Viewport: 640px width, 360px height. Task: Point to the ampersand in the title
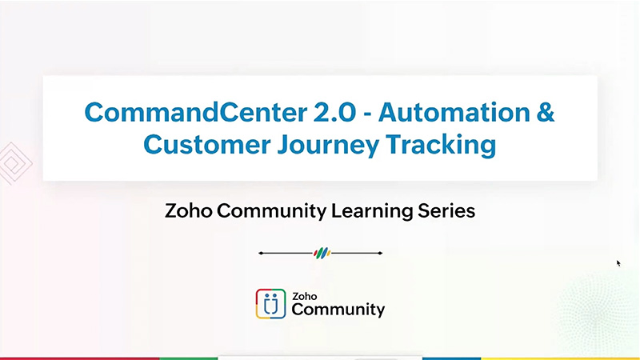click(x=546, y=112)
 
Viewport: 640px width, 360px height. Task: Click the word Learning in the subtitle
click(x=374, y=211)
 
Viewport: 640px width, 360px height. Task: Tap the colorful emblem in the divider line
click(x=321, y=254)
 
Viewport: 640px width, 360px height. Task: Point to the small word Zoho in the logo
click(x=304, y=294)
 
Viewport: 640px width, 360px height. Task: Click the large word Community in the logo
click(x=338, y=309)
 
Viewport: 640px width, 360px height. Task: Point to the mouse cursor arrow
click(x=618, y=262)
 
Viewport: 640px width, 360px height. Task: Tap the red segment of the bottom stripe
click(x=80, y=358)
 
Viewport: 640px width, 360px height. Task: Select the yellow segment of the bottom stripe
click(x=560, y=358)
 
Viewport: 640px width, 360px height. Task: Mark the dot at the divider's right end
click(x=381, y=254)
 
